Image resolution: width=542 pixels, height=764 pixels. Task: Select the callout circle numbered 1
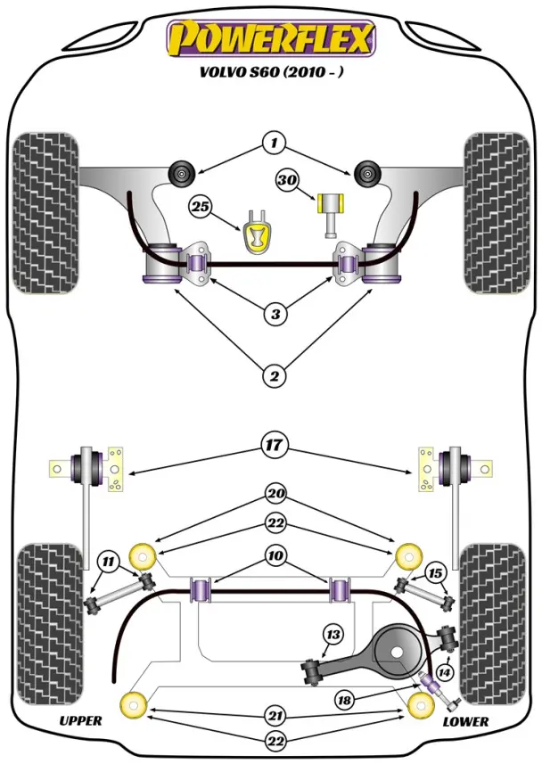click(274, 142)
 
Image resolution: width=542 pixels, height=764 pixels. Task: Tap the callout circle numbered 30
click(287, 181)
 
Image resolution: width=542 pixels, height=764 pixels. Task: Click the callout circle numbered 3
click(275, 313)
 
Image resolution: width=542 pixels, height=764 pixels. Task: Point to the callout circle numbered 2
click(275, 376)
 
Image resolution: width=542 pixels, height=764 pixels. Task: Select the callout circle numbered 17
click(275, 443)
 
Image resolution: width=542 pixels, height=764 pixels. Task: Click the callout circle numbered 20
click(275, 493)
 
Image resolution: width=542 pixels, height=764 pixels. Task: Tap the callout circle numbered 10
click(275, 555)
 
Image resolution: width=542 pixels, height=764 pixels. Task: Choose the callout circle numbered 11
click(108, 561)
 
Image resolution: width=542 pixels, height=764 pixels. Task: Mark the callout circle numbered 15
click(435, 571)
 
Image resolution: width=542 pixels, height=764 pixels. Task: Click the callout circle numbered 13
click(333, 635)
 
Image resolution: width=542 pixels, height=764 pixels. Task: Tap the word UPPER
click(80, 720)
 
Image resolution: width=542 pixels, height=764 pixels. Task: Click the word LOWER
click(465, 720)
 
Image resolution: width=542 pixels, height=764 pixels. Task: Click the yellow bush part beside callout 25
click(258, 234)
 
